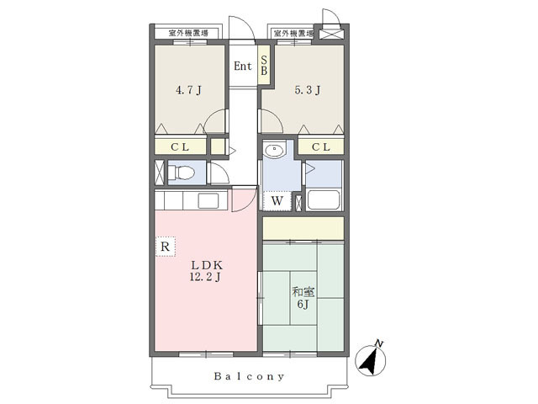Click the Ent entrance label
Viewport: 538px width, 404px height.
(x=243, y=66)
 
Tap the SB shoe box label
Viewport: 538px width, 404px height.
(x=264, y=66)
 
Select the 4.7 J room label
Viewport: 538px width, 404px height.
(x=188, y=90)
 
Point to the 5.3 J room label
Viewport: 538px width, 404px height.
(x=308, y=90)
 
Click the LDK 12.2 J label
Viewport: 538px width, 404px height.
(x=206, y=271)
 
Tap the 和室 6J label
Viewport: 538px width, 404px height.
(x=303, y=298)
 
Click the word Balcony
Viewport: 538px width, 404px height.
(x=250, y=376)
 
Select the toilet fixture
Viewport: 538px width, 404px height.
(x=182, y=173)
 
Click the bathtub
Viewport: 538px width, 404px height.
(x=324, y=199)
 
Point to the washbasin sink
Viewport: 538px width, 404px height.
(x=274, y=150)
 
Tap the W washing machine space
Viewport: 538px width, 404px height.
(x=277, y=200)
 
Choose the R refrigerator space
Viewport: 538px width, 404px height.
(x=166, y=247)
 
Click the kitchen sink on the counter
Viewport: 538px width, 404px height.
(x=208, y=200)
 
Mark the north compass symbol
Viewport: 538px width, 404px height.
(x=371, y=359)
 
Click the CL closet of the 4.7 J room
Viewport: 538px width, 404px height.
(x=180, y=147)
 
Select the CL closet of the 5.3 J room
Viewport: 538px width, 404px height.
(x=321, y=147)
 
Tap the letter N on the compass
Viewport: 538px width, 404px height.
(x=379, y=343)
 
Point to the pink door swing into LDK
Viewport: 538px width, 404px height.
(x=245, y=199)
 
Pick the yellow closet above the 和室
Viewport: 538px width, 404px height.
(x=303, y=228)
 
